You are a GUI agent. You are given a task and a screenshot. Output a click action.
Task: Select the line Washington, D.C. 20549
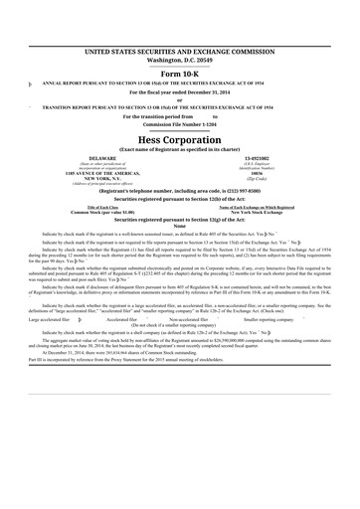180,59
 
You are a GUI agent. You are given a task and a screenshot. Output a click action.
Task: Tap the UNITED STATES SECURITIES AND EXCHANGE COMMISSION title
180,49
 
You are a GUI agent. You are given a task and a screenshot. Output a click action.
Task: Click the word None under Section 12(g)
180,228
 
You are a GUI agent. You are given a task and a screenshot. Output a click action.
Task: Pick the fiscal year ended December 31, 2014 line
180,91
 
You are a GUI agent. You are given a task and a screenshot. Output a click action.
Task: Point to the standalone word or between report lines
180,99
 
